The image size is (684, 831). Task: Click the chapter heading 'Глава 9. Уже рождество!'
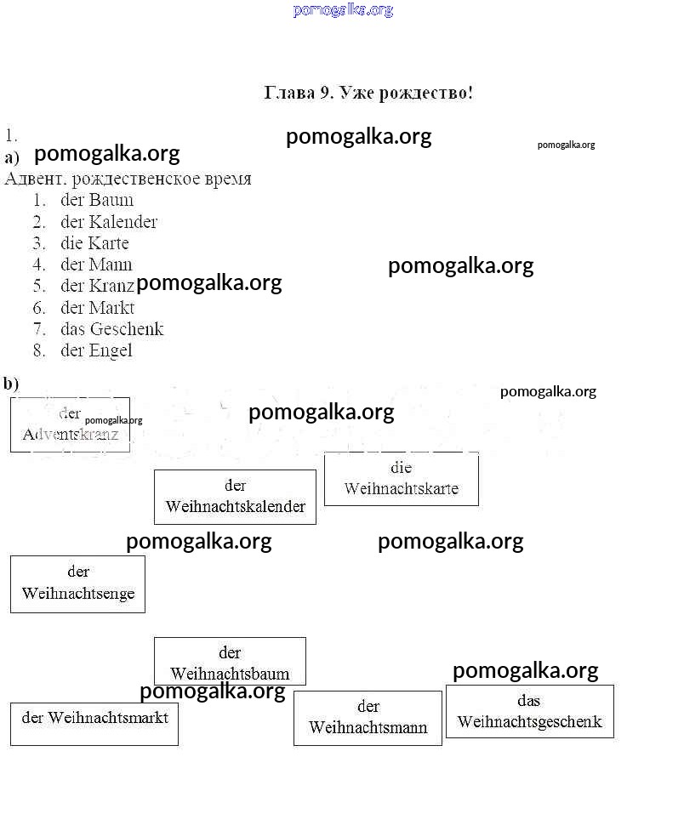click(368, 93)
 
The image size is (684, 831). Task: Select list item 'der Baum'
click(97, 201)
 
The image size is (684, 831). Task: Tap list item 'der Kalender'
click(109, 222)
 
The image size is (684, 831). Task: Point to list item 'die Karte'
click(94, 243)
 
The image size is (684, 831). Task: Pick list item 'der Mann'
click(96, 265)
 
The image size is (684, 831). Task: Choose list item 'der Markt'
click(97, 308)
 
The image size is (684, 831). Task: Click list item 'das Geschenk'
click(111, 329)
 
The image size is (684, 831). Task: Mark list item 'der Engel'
click(96, 350)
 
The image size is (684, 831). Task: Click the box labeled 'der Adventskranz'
click(70, 424)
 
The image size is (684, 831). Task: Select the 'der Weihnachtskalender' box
click(235, 497)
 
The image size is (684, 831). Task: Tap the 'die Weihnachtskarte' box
click(402, 479)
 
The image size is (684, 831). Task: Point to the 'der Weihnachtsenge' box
click(77, 583)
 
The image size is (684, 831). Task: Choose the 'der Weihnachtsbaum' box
click(230, 663)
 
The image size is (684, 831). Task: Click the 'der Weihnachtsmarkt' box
click(94, 724)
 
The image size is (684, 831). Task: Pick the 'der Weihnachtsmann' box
click(368, 718)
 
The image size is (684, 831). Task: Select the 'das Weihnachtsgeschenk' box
click(529, 712)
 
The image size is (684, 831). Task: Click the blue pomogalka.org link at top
click(343, 10)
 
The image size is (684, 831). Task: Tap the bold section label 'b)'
click(11, 384)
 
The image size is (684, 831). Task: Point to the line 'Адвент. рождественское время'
click(128, 179)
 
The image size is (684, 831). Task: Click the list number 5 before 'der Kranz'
click(39, 287)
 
